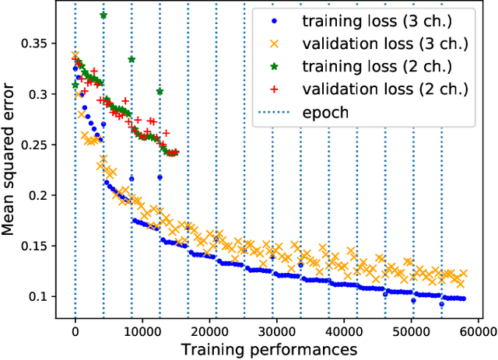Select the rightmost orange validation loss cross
tap(463, 274)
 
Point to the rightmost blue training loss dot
tap(463, 299)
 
